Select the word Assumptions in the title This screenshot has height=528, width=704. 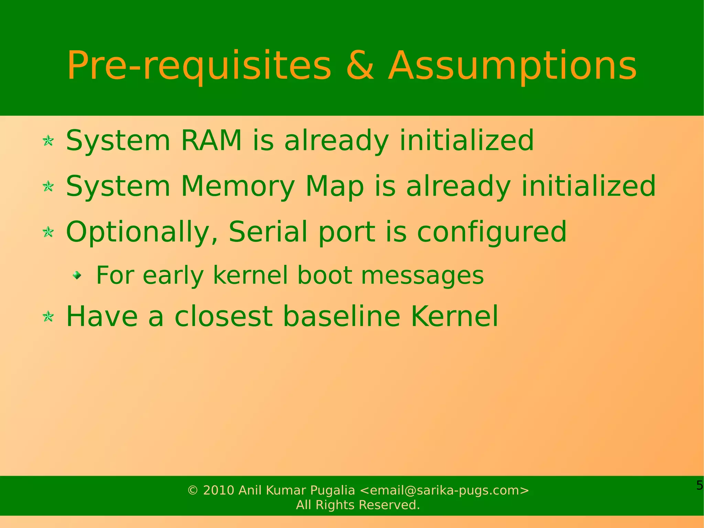coord(512,66)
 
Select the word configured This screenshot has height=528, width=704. coord(492,232)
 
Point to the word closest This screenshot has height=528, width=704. coord(223,316)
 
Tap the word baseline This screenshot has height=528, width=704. coord(342,316)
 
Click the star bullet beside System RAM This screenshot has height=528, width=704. coord(48,141)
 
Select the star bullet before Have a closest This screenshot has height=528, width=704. coord(48,316)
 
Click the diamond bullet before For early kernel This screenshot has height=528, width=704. coord(77,275)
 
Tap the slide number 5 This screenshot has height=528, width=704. coord(699,485)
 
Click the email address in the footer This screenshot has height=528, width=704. coord(444,490)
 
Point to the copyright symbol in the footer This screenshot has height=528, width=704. coord(193,491)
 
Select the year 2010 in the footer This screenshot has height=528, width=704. coord(219,490)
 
